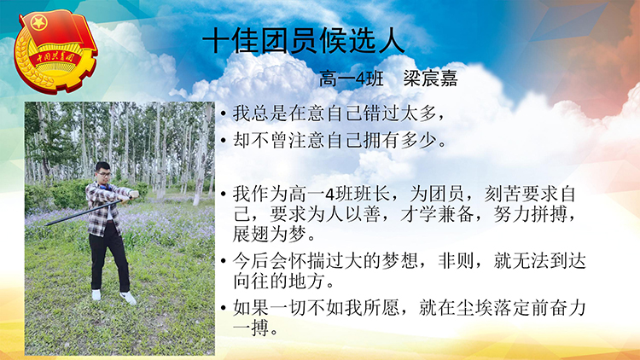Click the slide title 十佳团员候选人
(304, 41)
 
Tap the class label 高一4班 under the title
(351, 78)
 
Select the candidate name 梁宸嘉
(430, 78)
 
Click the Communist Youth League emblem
(56, 51)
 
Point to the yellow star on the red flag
(39, 22)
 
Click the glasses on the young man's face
(104, 175)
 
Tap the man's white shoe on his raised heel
(128, 298)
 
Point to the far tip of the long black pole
(46, 224)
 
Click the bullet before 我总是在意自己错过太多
(223, 113)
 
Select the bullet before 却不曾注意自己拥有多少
(223, 141)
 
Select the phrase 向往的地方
(278, 282)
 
